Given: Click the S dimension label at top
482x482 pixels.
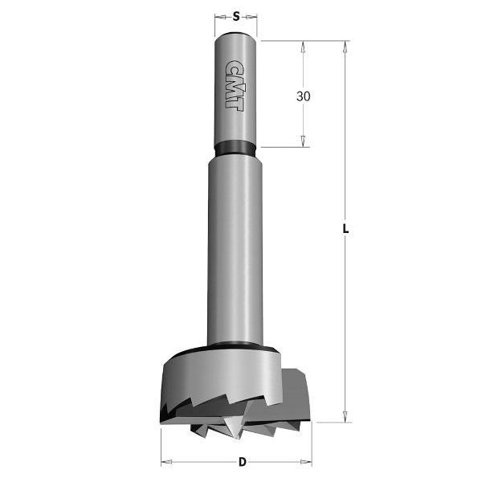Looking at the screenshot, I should click(x=235, y=15).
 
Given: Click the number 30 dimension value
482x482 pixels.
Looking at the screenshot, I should click(x=304, y=96).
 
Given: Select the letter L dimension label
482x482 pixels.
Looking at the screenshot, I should click(x=345, y=229).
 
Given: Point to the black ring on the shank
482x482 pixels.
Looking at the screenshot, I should click(x=235, y=148).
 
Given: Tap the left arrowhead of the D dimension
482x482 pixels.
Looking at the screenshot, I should click(x=165, y=461).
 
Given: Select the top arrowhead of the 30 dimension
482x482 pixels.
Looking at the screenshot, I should click(x=304, y=47).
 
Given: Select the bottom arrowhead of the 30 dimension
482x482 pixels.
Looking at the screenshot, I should click(x=304, y=141).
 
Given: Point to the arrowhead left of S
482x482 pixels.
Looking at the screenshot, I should click(x=219, y=15).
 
